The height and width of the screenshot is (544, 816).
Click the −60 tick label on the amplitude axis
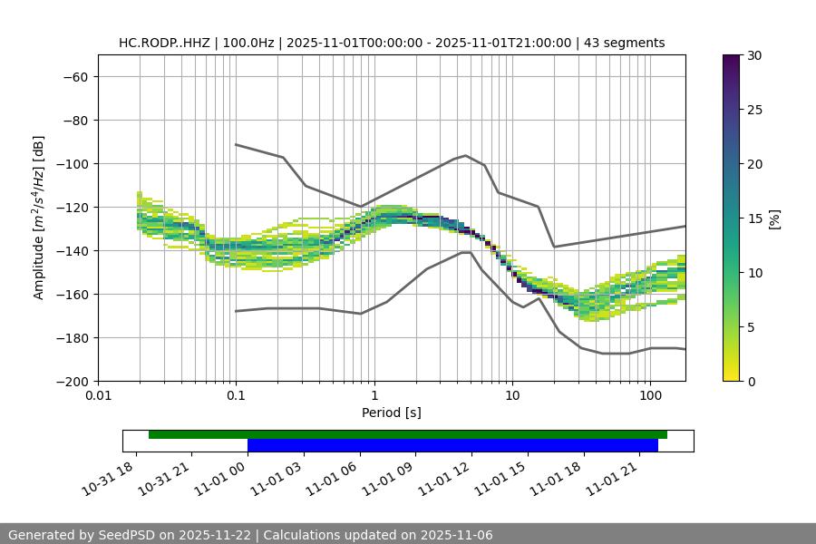click(x=73, y=77)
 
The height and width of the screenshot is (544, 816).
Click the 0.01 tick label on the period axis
click(x=98, y=396)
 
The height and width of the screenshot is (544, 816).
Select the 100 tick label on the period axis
click(x=650, y=396)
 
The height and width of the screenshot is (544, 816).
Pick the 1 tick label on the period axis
click(x=374, y=396)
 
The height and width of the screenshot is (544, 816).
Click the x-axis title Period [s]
click(x=391, y=413)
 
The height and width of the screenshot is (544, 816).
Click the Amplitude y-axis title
click(x=39, y=218)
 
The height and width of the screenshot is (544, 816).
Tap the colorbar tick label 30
click(x=754, y=55)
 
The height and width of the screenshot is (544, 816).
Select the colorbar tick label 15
click(x=754, y=219)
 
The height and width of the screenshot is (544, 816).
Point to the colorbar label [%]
click(x=774, y=219)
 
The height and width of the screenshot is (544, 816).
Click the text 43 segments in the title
click(x=625, y=43)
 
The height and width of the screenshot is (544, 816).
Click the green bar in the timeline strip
click(x=408, y=434)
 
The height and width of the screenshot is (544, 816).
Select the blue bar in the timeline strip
click(x=452, y=445)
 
